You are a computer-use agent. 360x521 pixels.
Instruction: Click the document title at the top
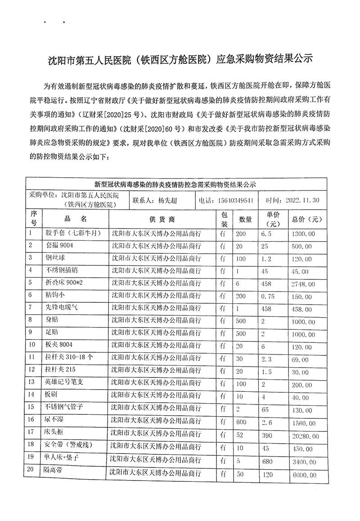coord(180,59)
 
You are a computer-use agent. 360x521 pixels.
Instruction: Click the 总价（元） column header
coord(307,219)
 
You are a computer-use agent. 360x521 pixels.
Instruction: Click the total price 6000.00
coord(304,475)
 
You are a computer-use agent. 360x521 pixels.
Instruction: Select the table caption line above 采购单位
coord(175,184)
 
